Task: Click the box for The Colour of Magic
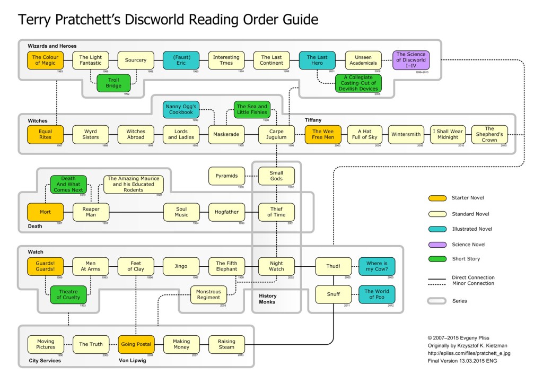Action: tap(45, 60)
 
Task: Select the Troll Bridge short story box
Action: tap(113, 82)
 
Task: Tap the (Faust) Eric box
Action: tap(181, 60)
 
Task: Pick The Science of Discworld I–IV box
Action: tap(411, 60)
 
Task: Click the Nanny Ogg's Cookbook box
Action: tap(181, 109)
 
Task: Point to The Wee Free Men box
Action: tap(322, 135)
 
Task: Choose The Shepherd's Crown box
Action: tap(489, 135)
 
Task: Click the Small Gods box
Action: tap(276, 176)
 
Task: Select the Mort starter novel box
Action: tap(45, 212)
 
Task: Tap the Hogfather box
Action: tap(226, 212)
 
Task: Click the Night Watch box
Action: tap(276, 266)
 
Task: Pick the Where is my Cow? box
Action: tap(377, 266)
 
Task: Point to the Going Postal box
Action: tap(136, 344)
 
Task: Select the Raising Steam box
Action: tap(226, 344)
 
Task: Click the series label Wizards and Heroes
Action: tap(52, 46)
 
